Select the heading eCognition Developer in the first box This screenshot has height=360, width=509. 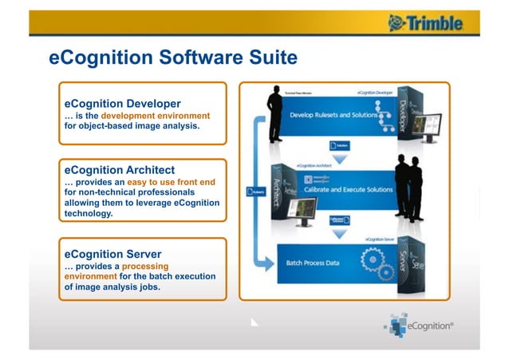click(x=122, y=103)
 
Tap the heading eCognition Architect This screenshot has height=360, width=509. click(x=119, y=170)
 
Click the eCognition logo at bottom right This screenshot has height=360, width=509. click(x=420, y=326)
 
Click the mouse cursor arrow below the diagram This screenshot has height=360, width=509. click(x=254, y=322)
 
